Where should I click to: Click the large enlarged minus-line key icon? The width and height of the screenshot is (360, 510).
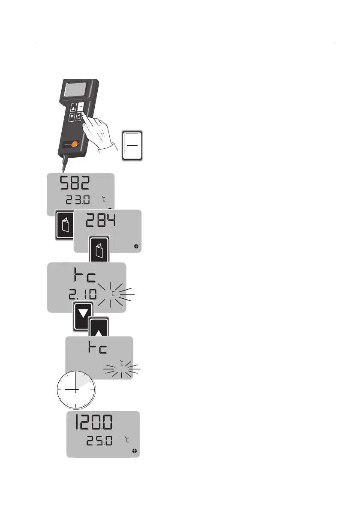pyautogui.click(x=132, y=146)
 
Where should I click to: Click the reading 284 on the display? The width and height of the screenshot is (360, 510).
pyautogui.click(x=102, y=222)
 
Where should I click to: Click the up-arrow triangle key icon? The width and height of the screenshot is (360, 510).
pyautogui.click(x=98, y=330)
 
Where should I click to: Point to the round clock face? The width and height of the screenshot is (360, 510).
pyautogui.click(x=76, y=390)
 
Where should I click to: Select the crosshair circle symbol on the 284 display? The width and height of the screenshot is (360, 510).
pyautogui.click(x=136, y=246)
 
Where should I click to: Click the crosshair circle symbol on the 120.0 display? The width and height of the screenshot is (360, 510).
pyautogui.click(x=135, y=451)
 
